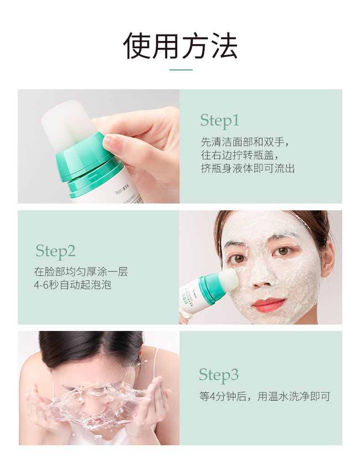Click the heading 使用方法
[x=180, y=46]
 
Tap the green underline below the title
[x=181, y=70]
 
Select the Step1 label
[x=220, y=121]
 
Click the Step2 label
[x=55, y=251]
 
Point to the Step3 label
[x=219, y=375]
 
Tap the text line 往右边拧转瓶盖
[x=240, y=155]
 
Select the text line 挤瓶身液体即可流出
[x=247, y=168]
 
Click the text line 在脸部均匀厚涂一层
[x=81, y=272]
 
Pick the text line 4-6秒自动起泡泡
[x=72, y=285]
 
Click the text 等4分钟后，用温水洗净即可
[x=265, y=397]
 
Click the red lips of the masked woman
[x=268, y=305]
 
